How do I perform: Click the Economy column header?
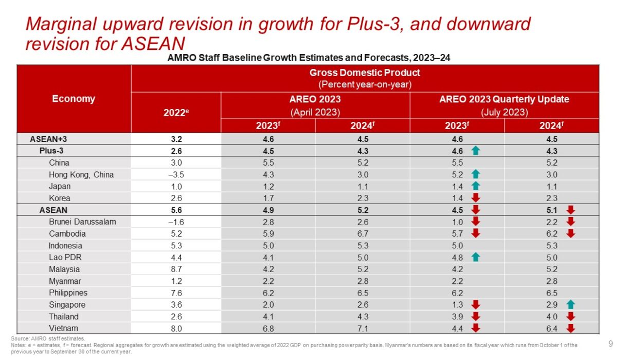pyautogui.click(x=74, y=99)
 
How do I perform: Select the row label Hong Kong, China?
pyautogui.click(x=81, y=174)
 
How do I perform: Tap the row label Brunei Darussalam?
pyautogui.click(x=82, y=222)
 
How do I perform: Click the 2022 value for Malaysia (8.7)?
pyautogui.click(x=176, y=269)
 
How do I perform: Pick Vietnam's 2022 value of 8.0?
pyautogui.click(x=176, y=329)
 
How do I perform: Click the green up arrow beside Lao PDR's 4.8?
pyautogui.click(x=476, y=257)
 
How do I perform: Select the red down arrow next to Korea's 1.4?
pyautogui.click(x=476, y=198)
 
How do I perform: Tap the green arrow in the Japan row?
pyautogui.click(x=476, y=186)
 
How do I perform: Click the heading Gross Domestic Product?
pyautogui.click(x=365, y=73)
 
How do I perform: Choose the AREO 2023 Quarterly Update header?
pyautogui.click(x=504, y=99)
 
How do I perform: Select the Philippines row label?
pyautogui.click(x=68, y=293)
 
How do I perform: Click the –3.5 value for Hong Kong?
pyautogui.click(x=176, y=174)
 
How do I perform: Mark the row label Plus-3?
pyautogui.click(x=53, y=151)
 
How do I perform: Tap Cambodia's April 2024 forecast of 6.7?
pyautogui.click(x=362, y=233)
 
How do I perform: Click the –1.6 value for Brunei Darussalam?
pyautogui.click(x=176, y=222)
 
